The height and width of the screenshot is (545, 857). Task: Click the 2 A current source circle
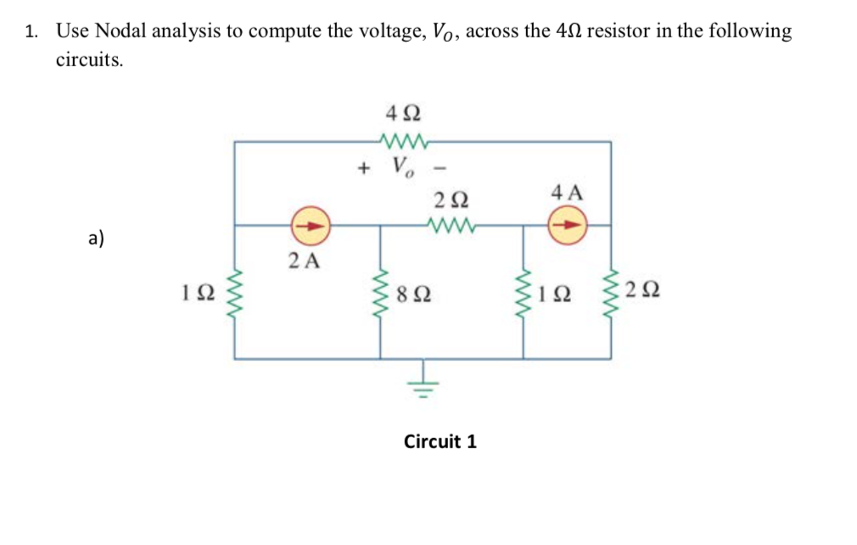click(x=310, y=227)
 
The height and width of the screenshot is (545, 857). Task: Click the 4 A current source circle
click(x=566, y=227)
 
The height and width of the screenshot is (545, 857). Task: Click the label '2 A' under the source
click(x=304, y=261)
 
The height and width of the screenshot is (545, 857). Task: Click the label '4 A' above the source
click(x=567, y=192)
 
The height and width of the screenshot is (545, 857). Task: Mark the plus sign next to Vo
click(x=364, y=167)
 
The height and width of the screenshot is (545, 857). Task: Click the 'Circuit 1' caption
click(x=440, y=441)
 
